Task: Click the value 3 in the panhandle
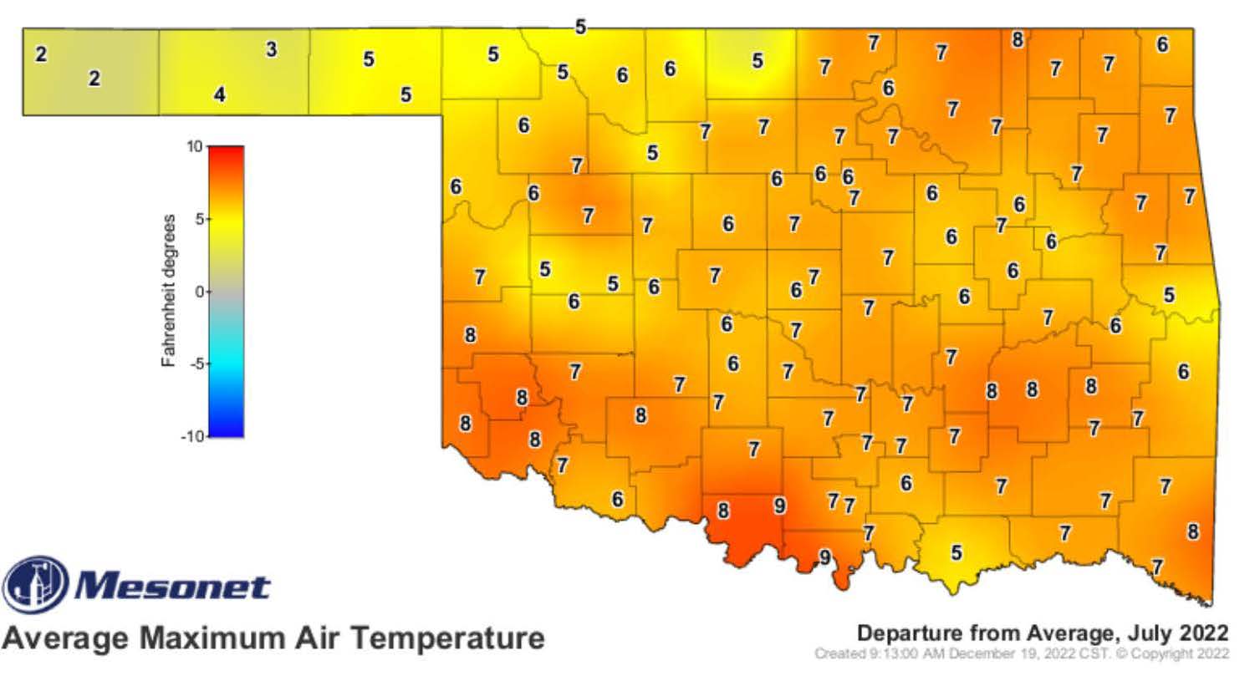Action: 271,49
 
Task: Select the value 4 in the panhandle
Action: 219,94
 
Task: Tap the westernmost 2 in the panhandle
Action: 41,54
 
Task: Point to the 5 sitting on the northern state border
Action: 580,28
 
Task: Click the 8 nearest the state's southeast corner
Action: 1193,531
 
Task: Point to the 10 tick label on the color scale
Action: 194,147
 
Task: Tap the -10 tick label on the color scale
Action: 192,436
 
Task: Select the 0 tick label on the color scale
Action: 199,292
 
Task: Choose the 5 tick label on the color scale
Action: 199,219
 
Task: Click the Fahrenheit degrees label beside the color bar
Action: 169,291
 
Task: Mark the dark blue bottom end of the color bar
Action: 226,430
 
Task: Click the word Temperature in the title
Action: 447,638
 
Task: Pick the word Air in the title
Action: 321,638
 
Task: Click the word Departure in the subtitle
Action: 908,633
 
